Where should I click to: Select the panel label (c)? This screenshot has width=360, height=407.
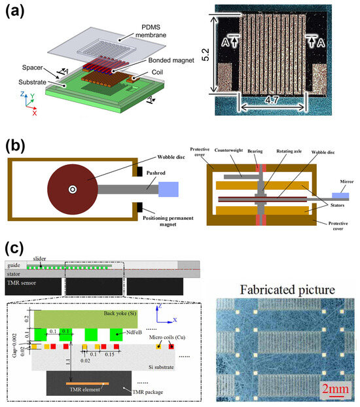click(x=17, y=249)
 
